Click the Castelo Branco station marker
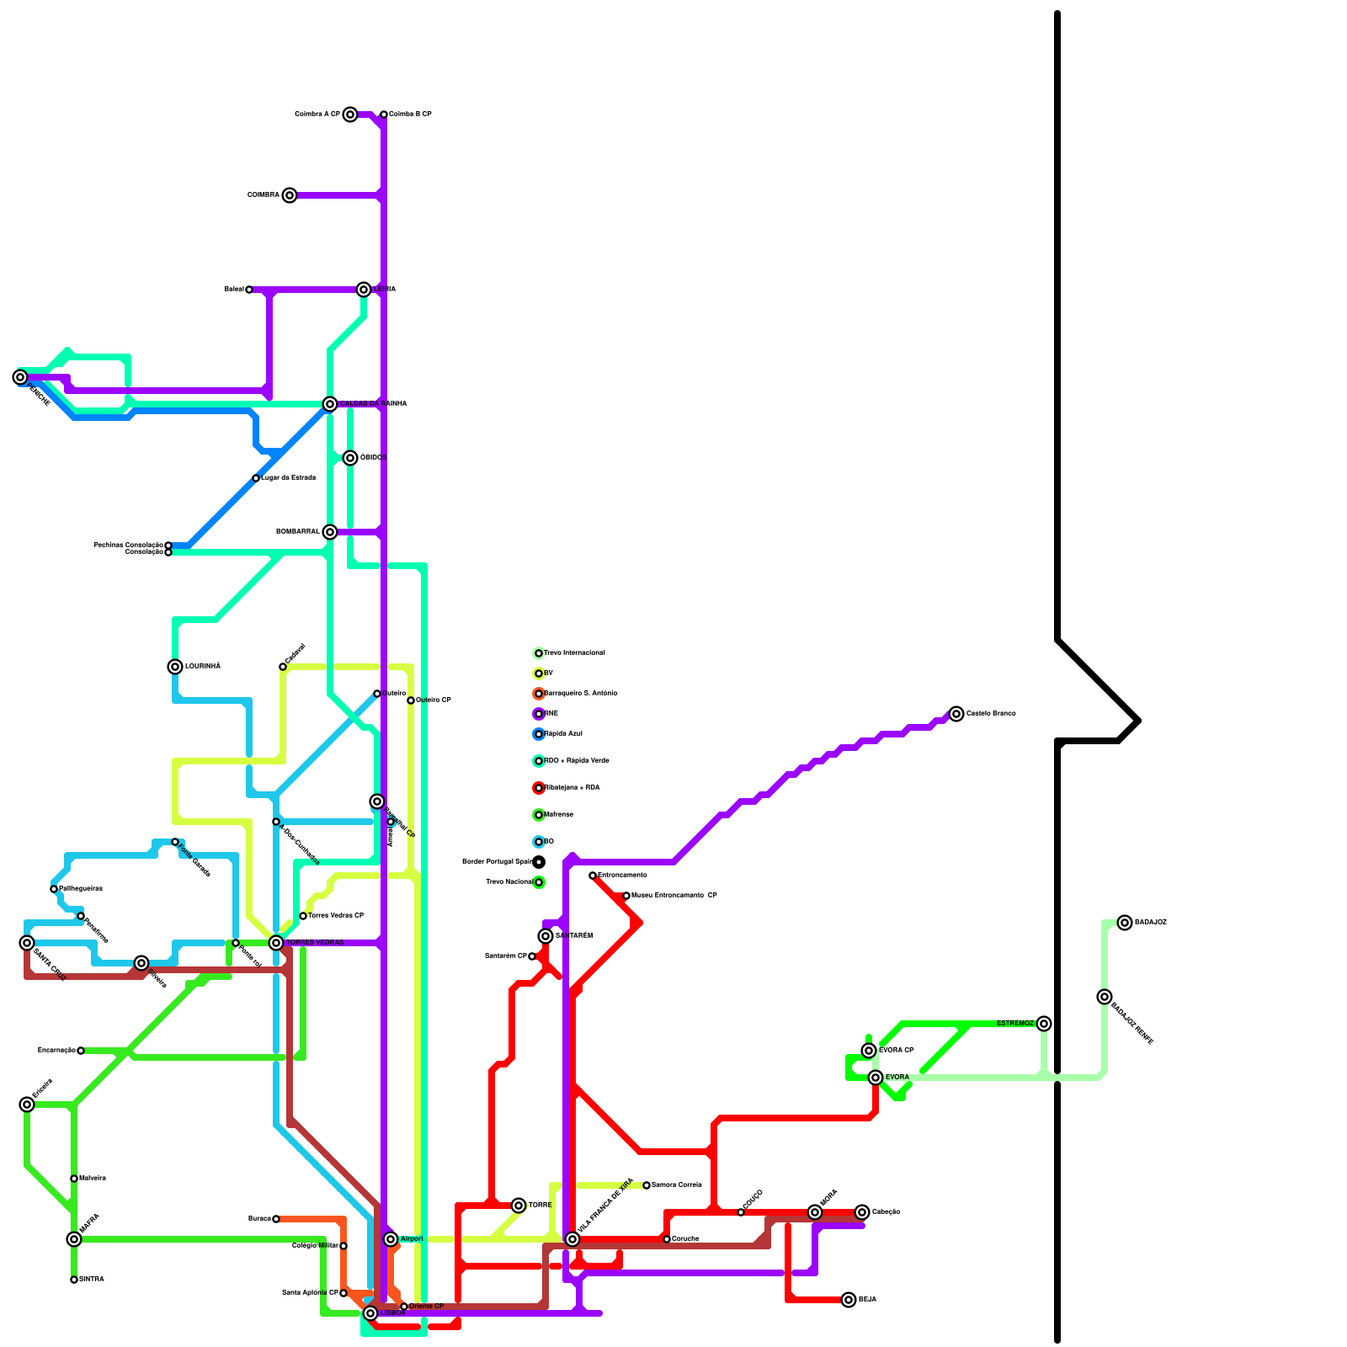[x=956, y=714]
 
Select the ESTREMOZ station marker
[x=1044, y=1024]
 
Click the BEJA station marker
[x=849, y=1300]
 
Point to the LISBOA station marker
[x=370, y=1313]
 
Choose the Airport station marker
[x=391, y=1239]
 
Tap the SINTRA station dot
[x=74, y=1280]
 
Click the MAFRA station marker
[x=74, y=1239]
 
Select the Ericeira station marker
[x=27, y=1105]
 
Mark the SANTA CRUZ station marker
[x=27, y=943]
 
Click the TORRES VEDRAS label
[x=315, y=943]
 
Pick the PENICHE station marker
[x=20, y=377]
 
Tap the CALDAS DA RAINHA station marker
[x=330, y=404]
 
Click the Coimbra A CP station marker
[x=350, y=114]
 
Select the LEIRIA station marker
[x=364, y=290]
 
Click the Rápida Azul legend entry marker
[x=539, y=734]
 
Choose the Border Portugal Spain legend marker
[x=539, y=862]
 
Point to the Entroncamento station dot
[x=593, y=876]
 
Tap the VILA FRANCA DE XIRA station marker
[x=572, y=1239]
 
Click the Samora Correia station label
[x=677, y=1185]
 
